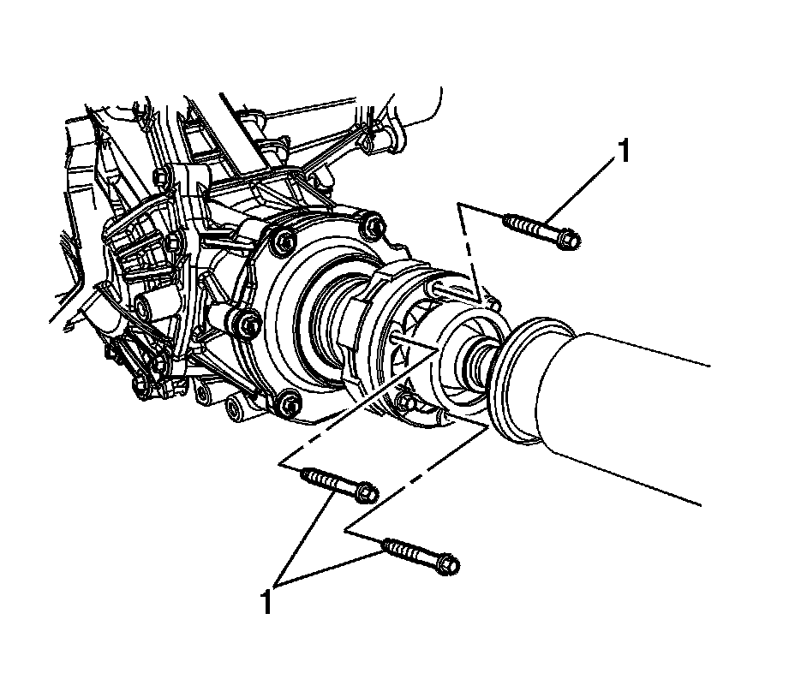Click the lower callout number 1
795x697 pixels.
click(267, 600)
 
